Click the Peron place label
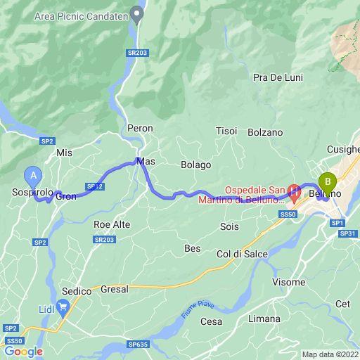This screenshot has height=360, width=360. click(140, 128)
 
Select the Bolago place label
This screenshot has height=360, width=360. click(195, 165)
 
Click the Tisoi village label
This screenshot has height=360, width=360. click(226, 131)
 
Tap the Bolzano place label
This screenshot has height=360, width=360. click(265, 132)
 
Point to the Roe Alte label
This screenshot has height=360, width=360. click(112, 224)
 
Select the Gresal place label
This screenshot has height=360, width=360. click(115, 289)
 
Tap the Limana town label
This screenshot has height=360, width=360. click(264, 319)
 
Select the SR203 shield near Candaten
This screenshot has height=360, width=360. click(139, 53)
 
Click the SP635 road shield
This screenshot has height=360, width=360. click(139, 345)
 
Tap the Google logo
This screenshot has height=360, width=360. click(23, 352)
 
